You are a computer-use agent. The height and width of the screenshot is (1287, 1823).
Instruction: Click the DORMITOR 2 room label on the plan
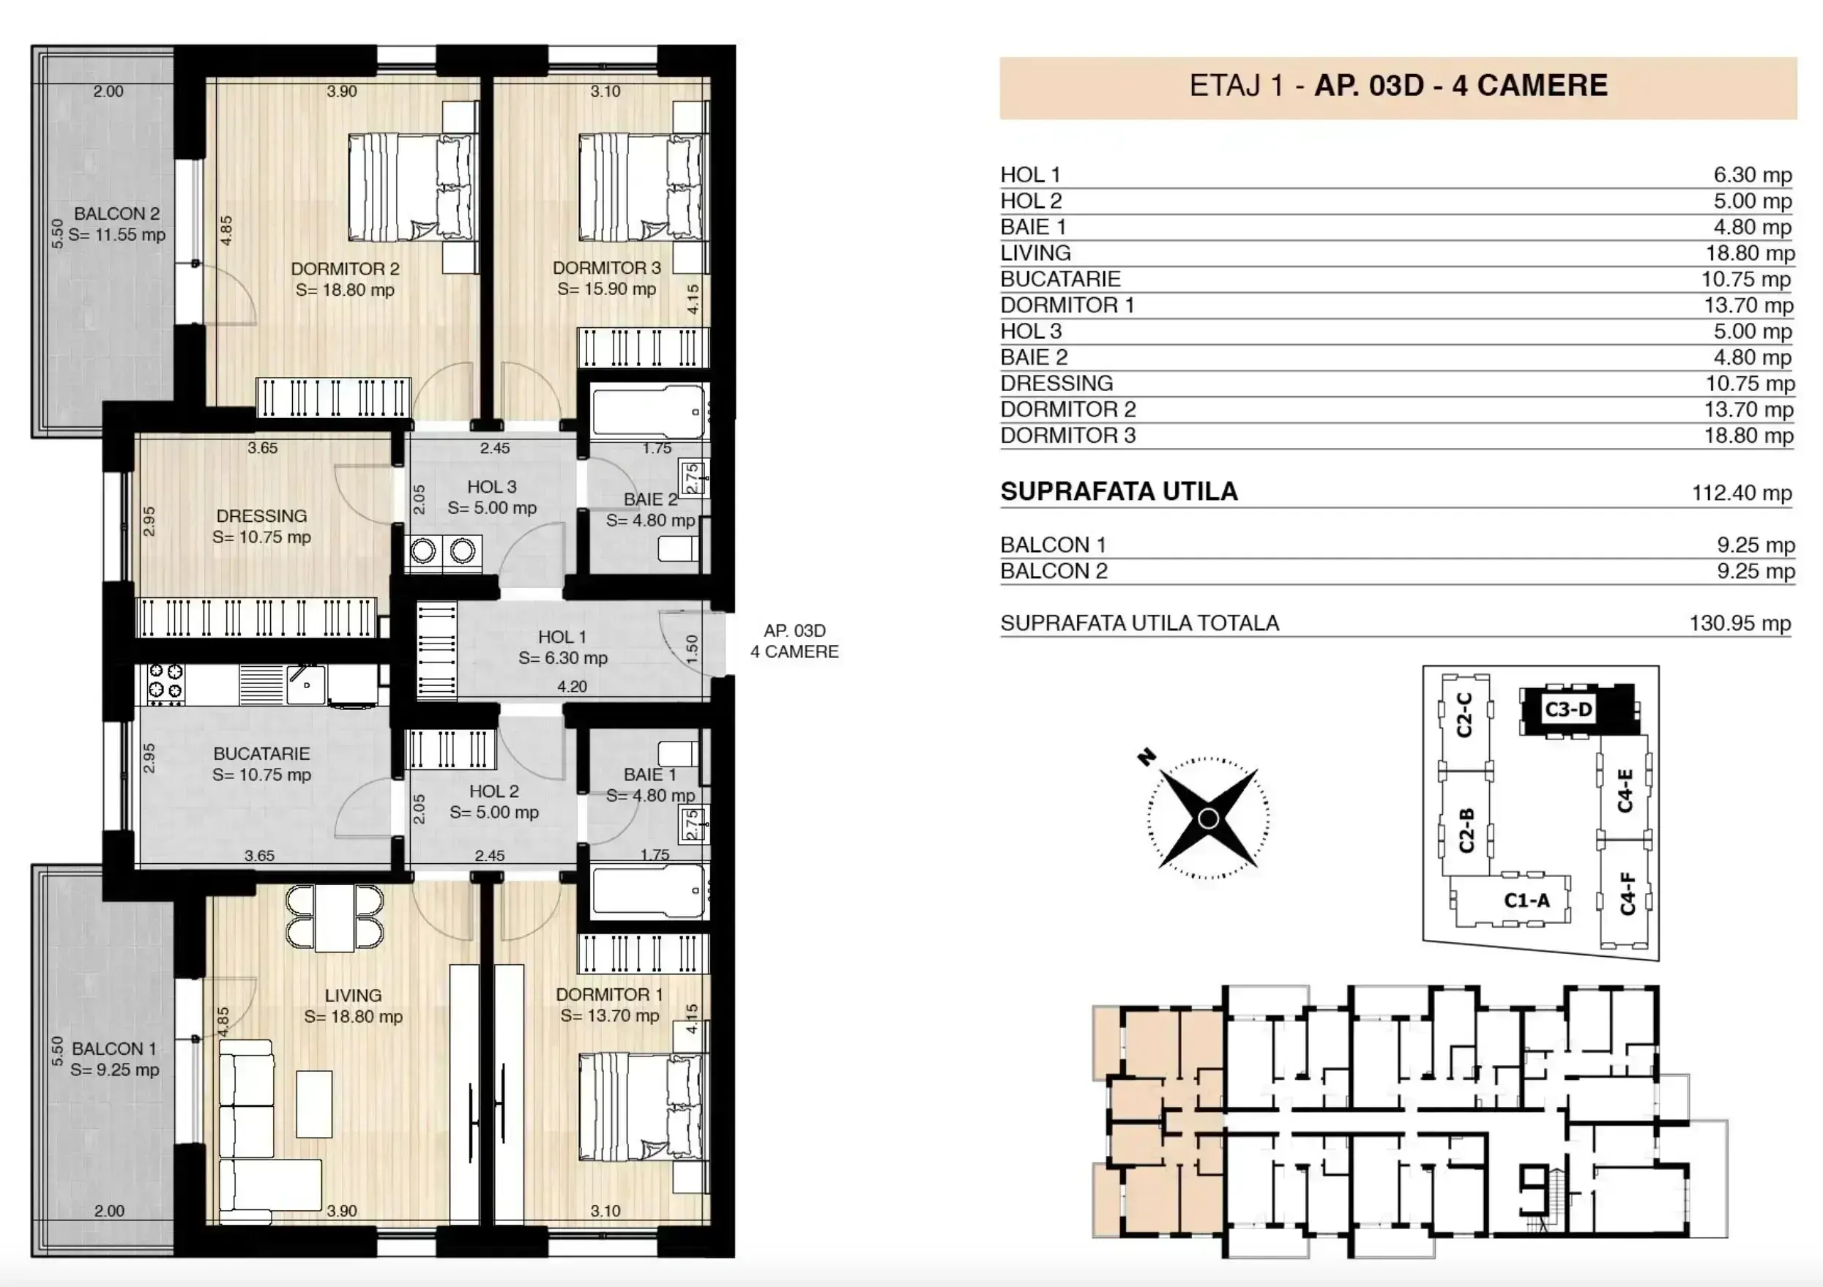345,269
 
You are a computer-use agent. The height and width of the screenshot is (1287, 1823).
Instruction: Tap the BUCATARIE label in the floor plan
261,753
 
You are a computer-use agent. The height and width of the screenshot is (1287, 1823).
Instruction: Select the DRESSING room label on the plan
261,516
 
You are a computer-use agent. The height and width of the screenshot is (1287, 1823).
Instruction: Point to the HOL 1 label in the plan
562,637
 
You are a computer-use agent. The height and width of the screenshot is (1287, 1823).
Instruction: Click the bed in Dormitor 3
641,187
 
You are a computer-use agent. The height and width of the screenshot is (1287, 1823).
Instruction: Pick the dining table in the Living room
335,918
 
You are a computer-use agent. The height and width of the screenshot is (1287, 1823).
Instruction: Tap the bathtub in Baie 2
649,411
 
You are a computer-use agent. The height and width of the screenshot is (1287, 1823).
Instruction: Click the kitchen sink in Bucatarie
306,684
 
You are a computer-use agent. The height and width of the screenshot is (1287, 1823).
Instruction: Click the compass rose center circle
1208,818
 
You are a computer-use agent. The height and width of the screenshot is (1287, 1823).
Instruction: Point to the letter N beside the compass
1146,757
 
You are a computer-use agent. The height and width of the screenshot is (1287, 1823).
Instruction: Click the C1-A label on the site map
1526,900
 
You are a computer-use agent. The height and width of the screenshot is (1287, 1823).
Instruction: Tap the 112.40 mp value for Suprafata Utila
1741,493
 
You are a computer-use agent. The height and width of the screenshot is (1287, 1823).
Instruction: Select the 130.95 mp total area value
1740,623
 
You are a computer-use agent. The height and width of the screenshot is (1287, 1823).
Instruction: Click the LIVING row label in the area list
1035,253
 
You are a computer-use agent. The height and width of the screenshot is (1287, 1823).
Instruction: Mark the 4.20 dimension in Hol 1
573,687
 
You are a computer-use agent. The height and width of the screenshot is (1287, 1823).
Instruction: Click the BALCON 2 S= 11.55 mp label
116,224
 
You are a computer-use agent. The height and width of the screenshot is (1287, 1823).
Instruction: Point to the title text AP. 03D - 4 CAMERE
1461,86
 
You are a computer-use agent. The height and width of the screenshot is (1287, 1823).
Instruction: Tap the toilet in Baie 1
679,753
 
